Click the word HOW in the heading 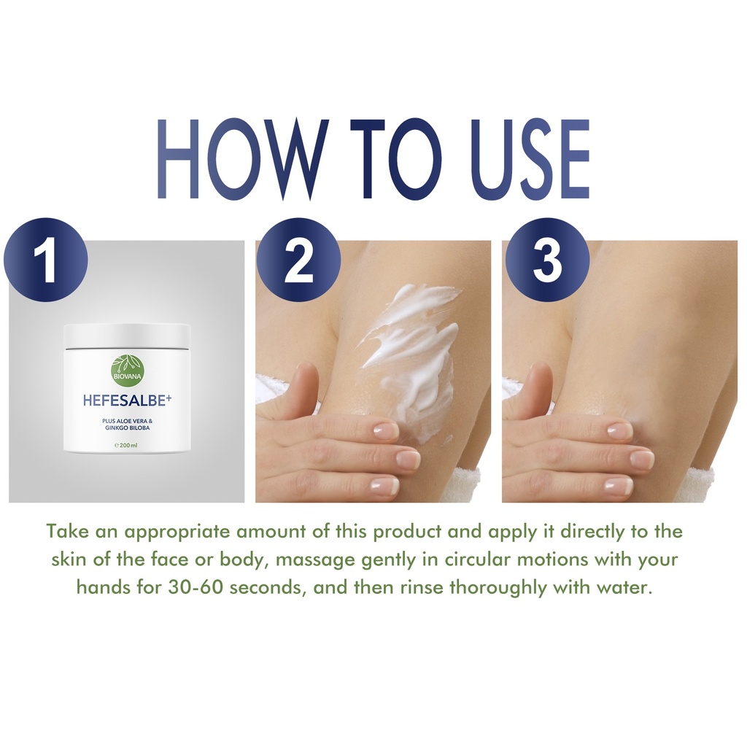point(244,158)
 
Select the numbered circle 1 point(46,260)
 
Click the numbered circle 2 point(298,260)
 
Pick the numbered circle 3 point(547,260)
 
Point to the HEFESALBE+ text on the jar point(127,400)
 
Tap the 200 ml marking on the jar point(126,446)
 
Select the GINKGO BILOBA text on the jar point(126,427)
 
